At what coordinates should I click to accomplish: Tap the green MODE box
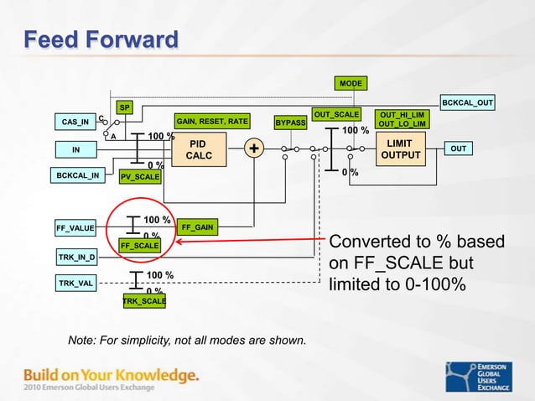[350, 83]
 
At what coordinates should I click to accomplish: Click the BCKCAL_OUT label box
[467, 102]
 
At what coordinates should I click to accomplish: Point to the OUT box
[458, 148]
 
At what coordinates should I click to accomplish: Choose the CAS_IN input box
[75, 122]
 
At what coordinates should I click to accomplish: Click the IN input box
[75, 149]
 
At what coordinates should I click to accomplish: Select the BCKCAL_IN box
[78, 176]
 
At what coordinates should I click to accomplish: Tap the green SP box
[124, 107]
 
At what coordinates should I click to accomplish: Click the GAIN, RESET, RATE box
[211, 122]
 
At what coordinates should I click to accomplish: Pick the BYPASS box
[291, 122]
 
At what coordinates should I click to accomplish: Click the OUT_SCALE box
[335, 114]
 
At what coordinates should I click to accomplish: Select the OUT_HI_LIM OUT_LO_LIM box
[403, 119]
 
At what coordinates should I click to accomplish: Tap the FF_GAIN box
[197, 227]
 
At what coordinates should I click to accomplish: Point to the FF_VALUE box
[75, 227]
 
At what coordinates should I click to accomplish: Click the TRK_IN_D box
[76, 256]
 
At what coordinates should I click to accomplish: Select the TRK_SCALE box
[143, 299]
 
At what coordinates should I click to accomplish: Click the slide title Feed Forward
[101, 39]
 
